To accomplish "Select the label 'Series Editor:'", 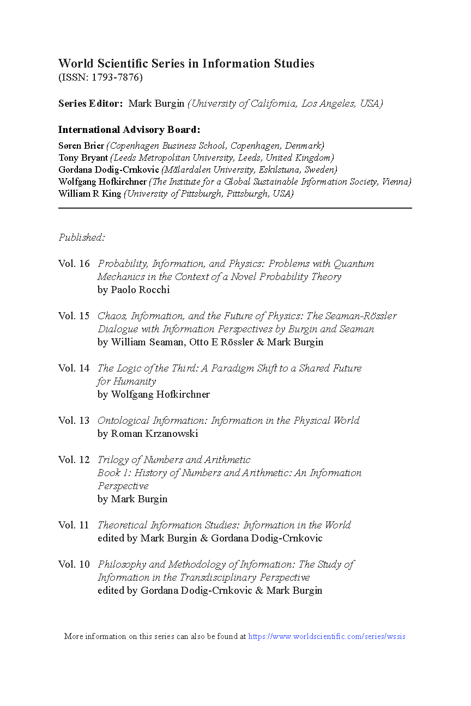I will pos(90,104).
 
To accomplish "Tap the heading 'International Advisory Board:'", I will pos(129,130).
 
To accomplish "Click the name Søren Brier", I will pos(81,145).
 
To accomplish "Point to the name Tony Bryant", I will pos(83,158).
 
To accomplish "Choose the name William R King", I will pos(90,194).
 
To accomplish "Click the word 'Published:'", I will pos(82,238).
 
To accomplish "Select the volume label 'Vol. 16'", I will pos(74,264).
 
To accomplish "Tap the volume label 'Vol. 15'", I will pos(74,316).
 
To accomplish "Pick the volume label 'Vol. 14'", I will pos(74,368).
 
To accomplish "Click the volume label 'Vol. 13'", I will pos(74,421).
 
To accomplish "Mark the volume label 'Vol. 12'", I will pos(74,460).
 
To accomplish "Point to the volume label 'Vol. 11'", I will pos(74,525).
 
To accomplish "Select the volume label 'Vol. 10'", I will pos(74,564).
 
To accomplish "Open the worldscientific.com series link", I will pos(327,636).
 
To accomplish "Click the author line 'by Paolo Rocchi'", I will pos(134,290).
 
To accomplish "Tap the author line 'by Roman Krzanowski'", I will pos(148,434).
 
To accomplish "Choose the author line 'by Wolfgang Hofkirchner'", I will pos(154,394).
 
